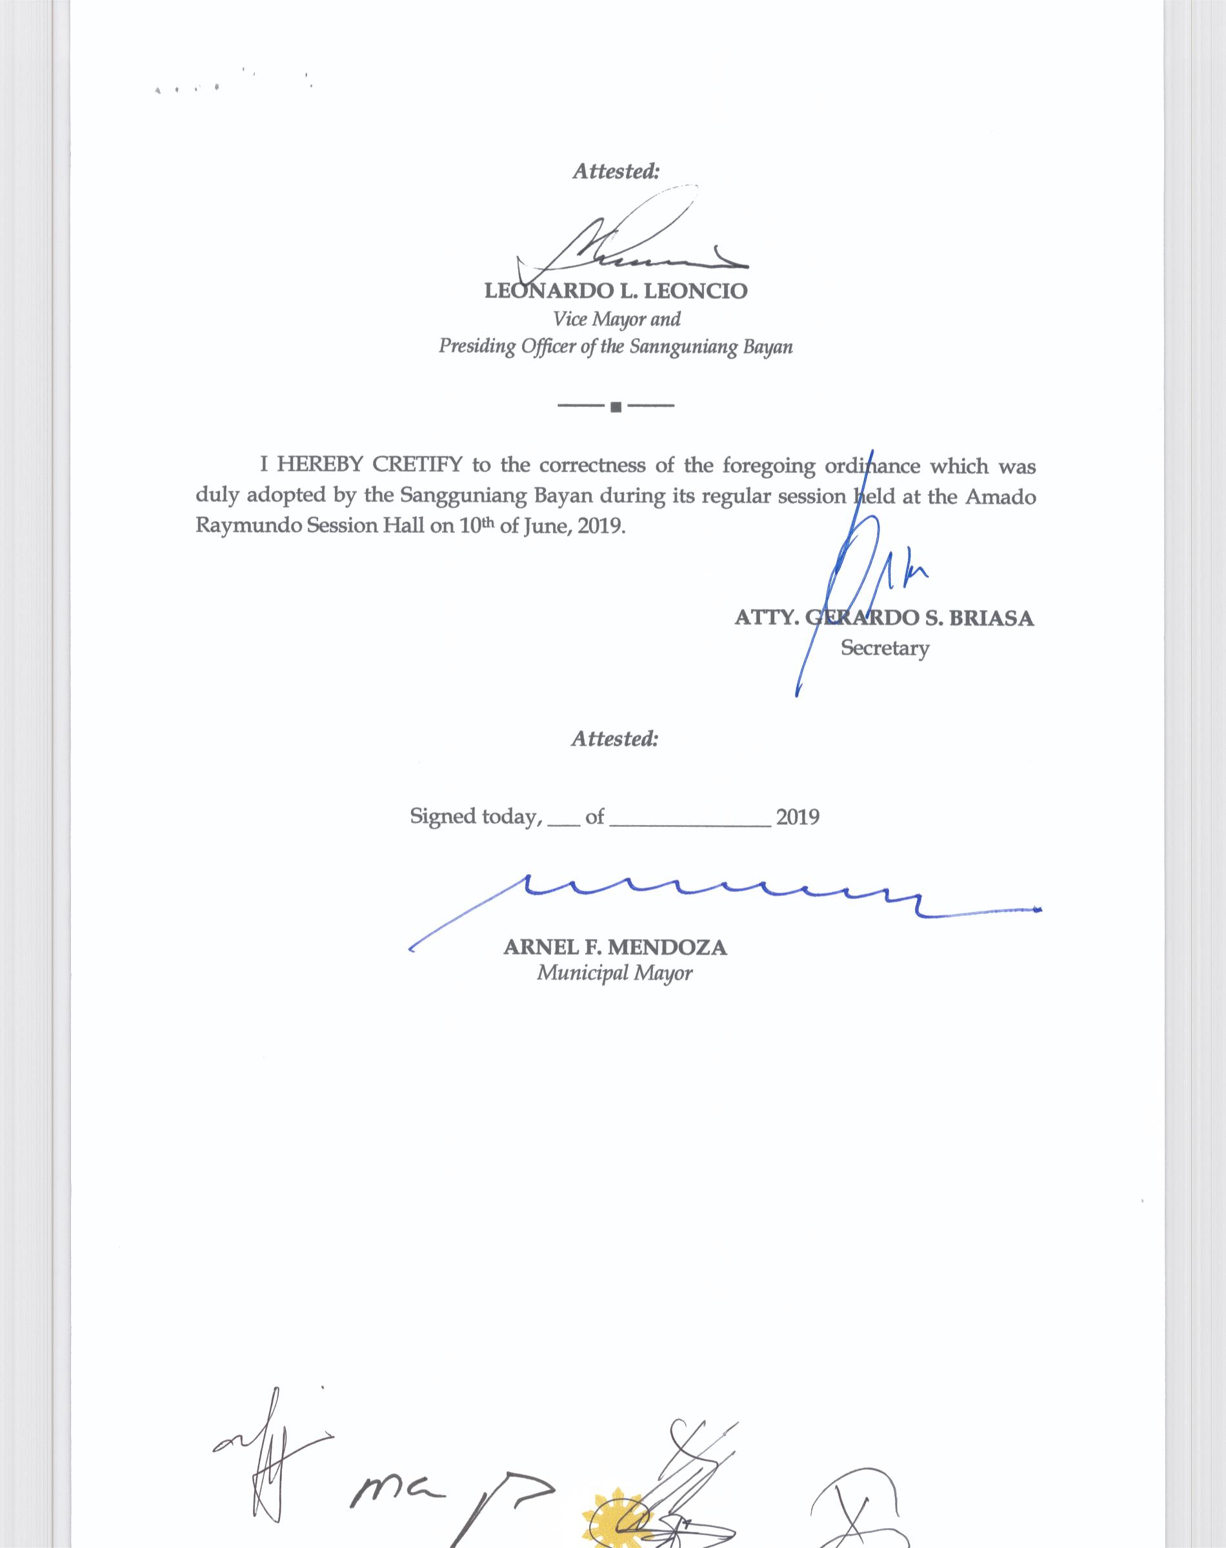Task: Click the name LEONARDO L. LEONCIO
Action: point(615,292)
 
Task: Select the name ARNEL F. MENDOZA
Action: point(615,948)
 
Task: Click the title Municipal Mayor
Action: point(615,973)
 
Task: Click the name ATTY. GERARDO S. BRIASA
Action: point(883,618)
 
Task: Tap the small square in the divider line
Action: point(615,408)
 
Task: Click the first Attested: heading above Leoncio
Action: point(615,172)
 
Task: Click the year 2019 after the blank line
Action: point(798,817)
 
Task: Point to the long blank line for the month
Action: point(690,825)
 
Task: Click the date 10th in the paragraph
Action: point(471,526)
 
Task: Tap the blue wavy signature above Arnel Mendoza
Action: point(718,897)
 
